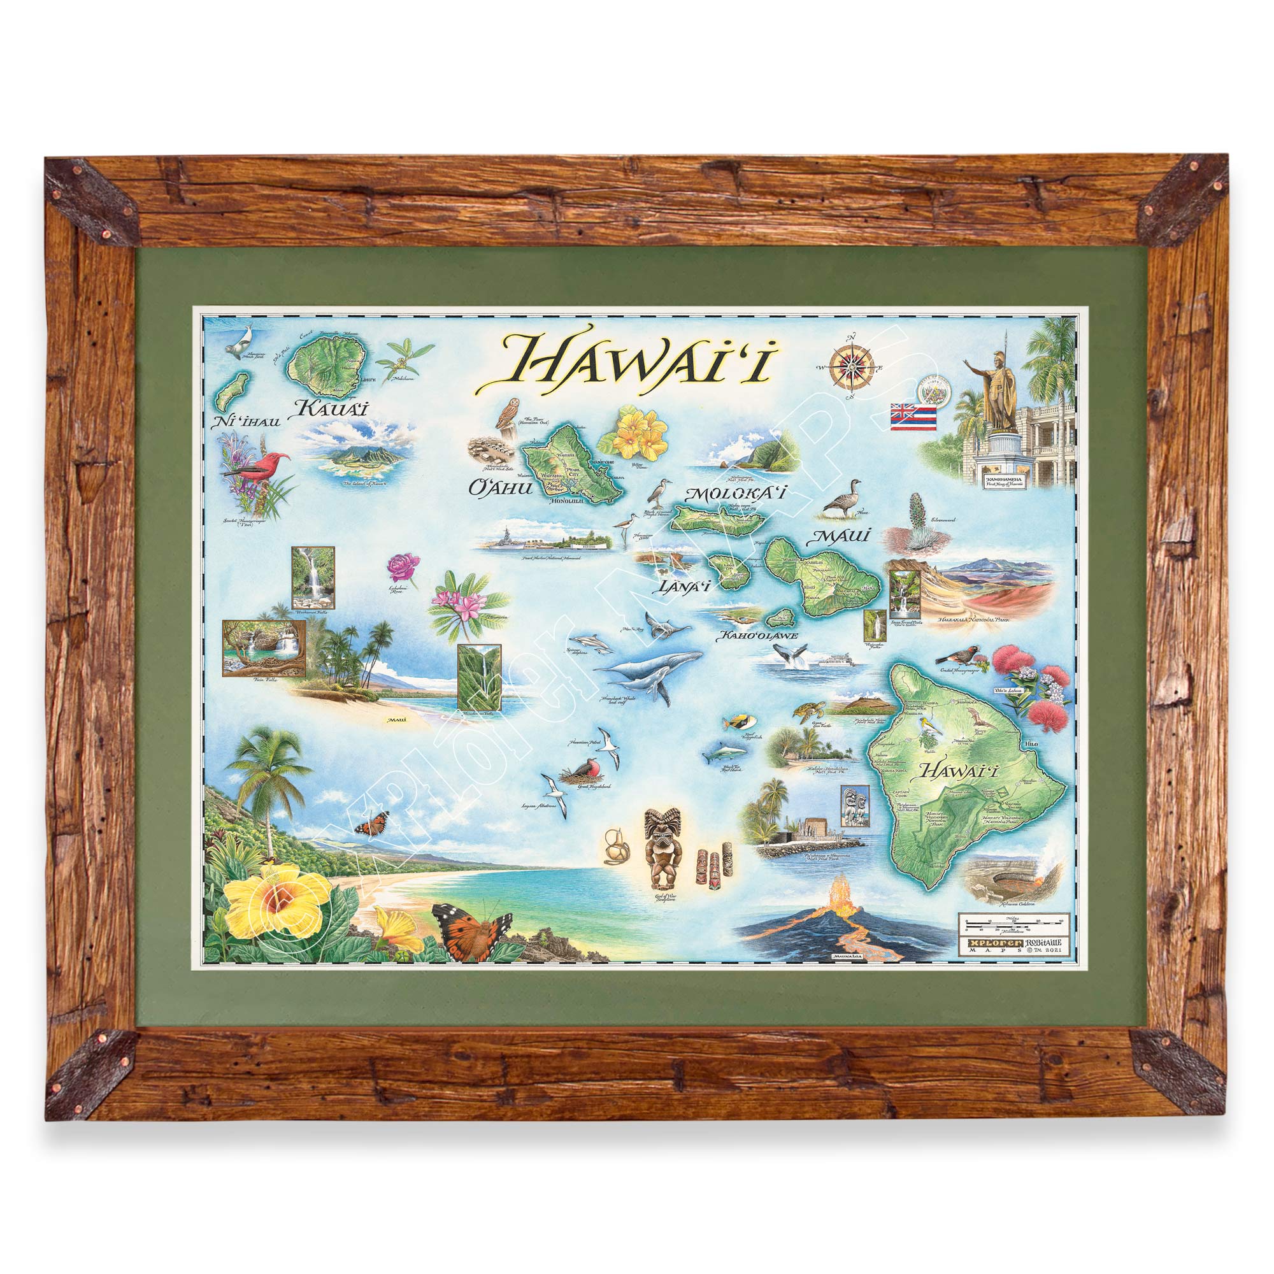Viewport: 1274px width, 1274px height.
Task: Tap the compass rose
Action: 851,364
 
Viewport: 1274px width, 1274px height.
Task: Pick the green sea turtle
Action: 809,712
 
